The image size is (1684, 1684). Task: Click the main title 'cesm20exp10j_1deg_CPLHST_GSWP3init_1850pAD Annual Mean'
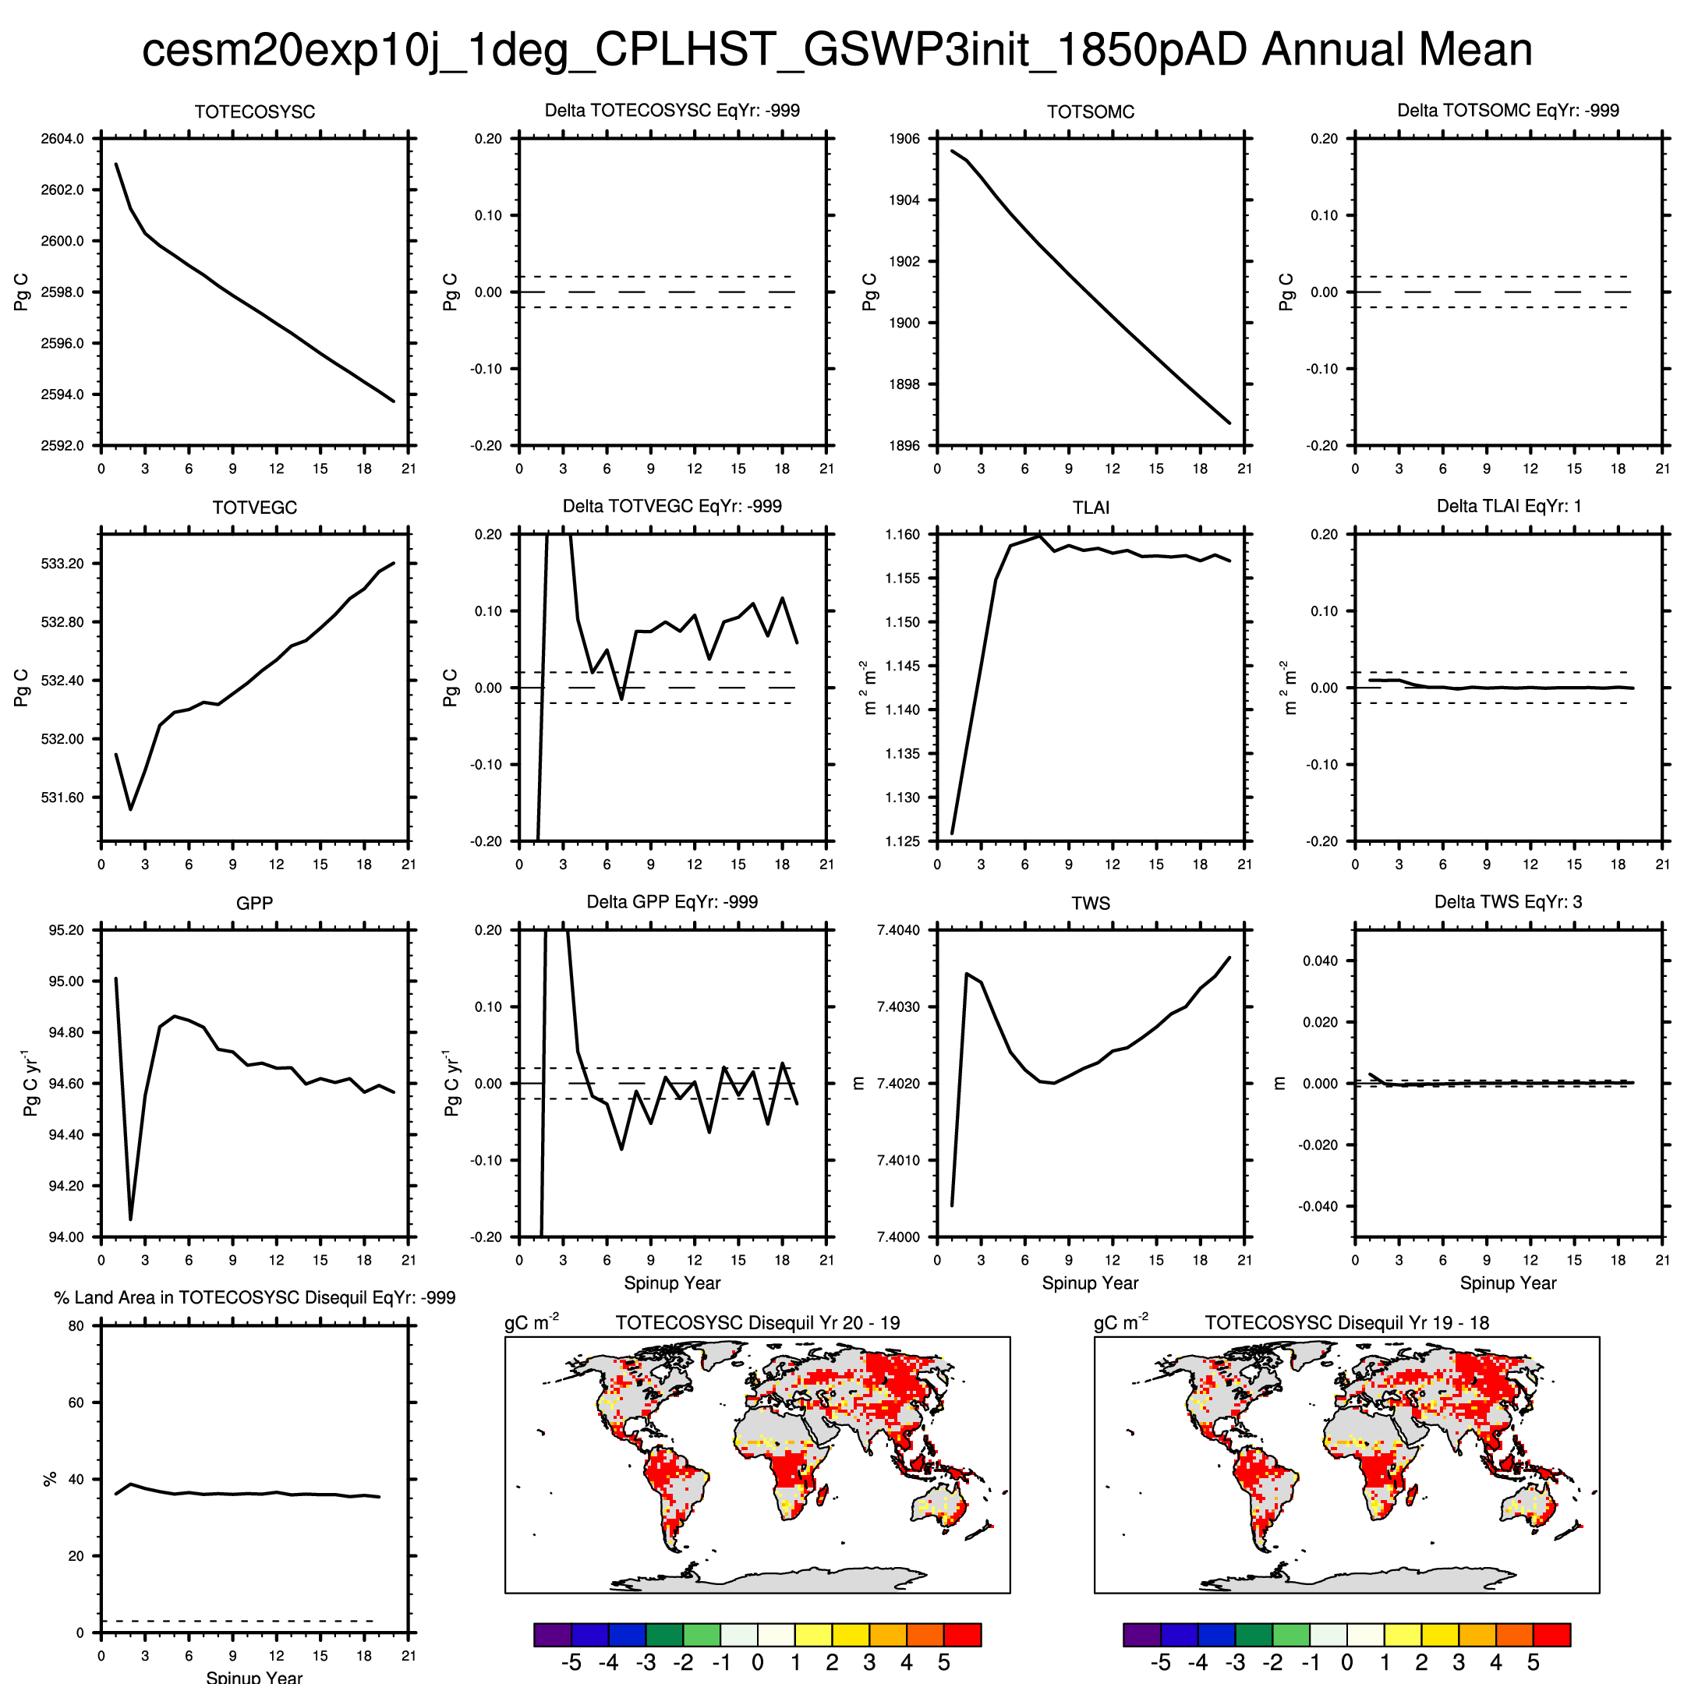point(837,50)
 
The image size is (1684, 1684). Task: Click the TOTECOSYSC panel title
point(254,112)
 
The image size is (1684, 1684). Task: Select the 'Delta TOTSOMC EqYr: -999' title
point(1508,111)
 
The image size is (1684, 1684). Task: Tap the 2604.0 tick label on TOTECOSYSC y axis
point(62,139)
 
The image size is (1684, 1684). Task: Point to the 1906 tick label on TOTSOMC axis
point(904,139)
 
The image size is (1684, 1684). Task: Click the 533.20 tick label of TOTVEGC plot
point(62,564)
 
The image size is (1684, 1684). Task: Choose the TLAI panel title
point(1091,508)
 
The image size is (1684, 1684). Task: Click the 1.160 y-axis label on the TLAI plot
point(901,534)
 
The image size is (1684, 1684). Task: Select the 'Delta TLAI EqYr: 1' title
point(1508,507)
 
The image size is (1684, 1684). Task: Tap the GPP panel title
point(254,904)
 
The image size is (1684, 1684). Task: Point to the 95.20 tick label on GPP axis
point(65,930)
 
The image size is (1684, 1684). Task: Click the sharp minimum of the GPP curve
point(131,1219)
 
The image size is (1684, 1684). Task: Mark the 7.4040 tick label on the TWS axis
point(898,930)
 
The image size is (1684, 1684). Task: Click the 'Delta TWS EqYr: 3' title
point(1508,902)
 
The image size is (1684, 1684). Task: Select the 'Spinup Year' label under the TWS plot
point(1090,1283)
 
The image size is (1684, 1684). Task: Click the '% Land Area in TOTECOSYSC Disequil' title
point(254,1298)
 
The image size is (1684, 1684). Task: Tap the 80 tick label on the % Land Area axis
point(76,1325)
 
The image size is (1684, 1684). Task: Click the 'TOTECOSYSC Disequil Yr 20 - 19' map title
point(758,1323)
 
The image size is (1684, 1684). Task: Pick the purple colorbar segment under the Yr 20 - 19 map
point(552,1634)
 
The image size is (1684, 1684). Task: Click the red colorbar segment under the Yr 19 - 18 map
point(1551,1634)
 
